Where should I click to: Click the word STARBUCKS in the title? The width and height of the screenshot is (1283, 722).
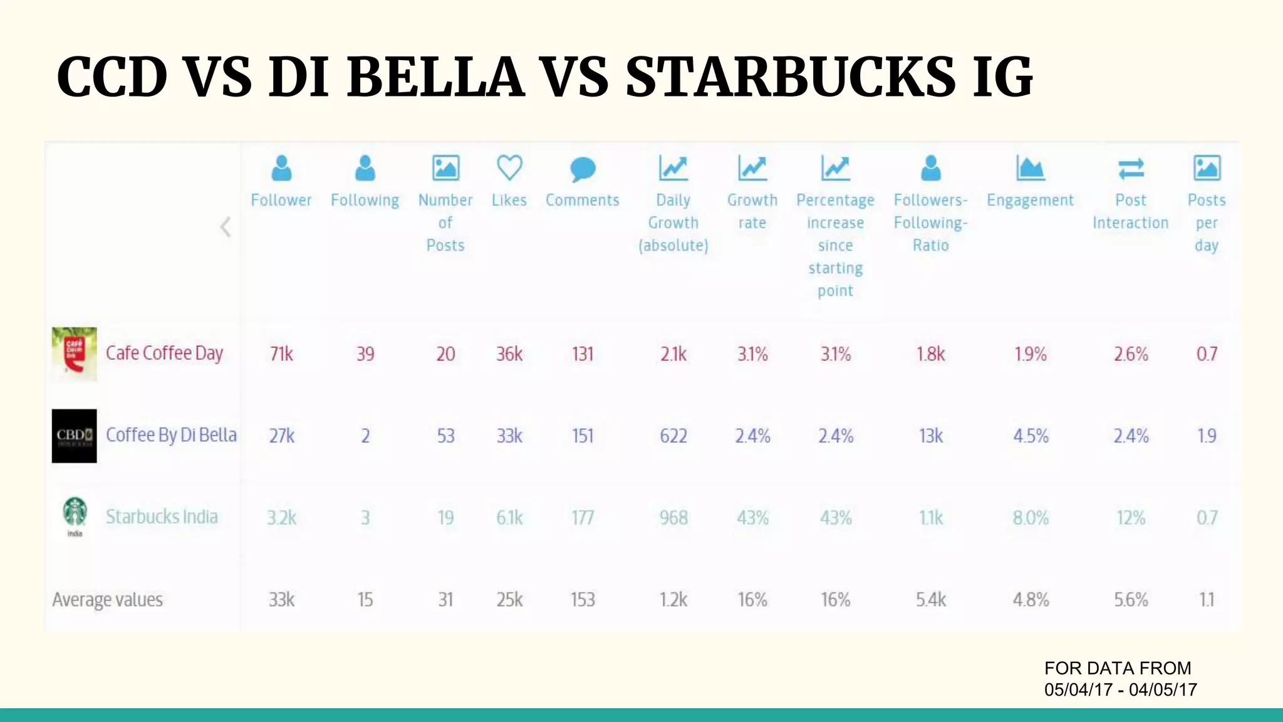tap(791, 78)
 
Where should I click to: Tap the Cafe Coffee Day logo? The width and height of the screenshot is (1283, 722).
tap(74, 353)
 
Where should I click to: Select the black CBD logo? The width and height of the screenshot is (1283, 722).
tap(74, 436)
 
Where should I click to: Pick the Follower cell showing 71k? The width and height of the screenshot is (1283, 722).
tap(281, 354)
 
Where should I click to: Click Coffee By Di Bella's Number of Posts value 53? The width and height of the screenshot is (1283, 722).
tap(445, 436)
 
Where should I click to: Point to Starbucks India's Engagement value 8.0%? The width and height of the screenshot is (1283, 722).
tap(1031, 518)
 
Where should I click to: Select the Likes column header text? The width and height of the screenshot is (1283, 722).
tap(509, 200)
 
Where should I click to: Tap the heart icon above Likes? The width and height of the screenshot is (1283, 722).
tap(509, 168)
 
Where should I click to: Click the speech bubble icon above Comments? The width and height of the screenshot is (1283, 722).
tap(583, 169)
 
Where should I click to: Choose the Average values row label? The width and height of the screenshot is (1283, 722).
tap(107, 600)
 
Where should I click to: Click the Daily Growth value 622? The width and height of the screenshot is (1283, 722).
tap(673, 436)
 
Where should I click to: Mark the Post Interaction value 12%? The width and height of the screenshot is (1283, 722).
tap(1131, 518)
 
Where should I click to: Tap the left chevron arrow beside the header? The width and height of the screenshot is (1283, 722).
tap(226, 227)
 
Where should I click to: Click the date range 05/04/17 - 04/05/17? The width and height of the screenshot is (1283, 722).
tap(1120, 689)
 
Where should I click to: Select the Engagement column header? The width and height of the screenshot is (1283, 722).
tap(1030, 200)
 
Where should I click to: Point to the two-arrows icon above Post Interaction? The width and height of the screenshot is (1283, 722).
tap(1131, 168)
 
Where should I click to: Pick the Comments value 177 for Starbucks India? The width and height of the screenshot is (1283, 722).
tap(583, 518)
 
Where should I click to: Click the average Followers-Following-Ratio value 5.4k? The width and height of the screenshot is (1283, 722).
tap(931, 600)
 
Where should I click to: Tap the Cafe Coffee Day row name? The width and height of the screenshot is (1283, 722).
tap(164, 353)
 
